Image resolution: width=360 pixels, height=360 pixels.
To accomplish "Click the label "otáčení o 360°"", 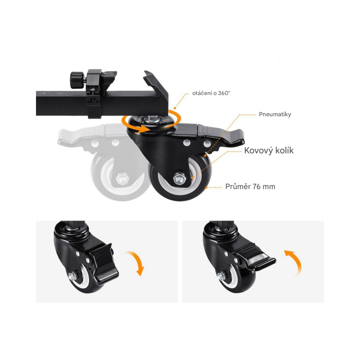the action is coord(211,93).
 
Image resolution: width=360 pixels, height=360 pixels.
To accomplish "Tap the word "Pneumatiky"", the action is coord(275,114).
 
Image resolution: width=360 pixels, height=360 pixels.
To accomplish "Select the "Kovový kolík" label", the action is coord(269,150).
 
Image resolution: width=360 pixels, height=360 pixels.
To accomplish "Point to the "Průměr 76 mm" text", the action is coord(250,186).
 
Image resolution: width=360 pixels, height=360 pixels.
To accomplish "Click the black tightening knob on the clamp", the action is coord(77,80).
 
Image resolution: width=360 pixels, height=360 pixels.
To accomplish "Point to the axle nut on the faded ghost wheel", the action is coord(122,179).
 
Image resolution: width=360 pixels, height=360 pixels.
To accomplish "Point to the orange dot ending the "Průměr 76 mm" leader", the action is coord(206,188).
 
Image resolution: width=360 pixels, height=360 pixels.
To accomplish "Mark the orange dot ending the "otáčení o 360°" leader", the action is coord(175,108).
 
